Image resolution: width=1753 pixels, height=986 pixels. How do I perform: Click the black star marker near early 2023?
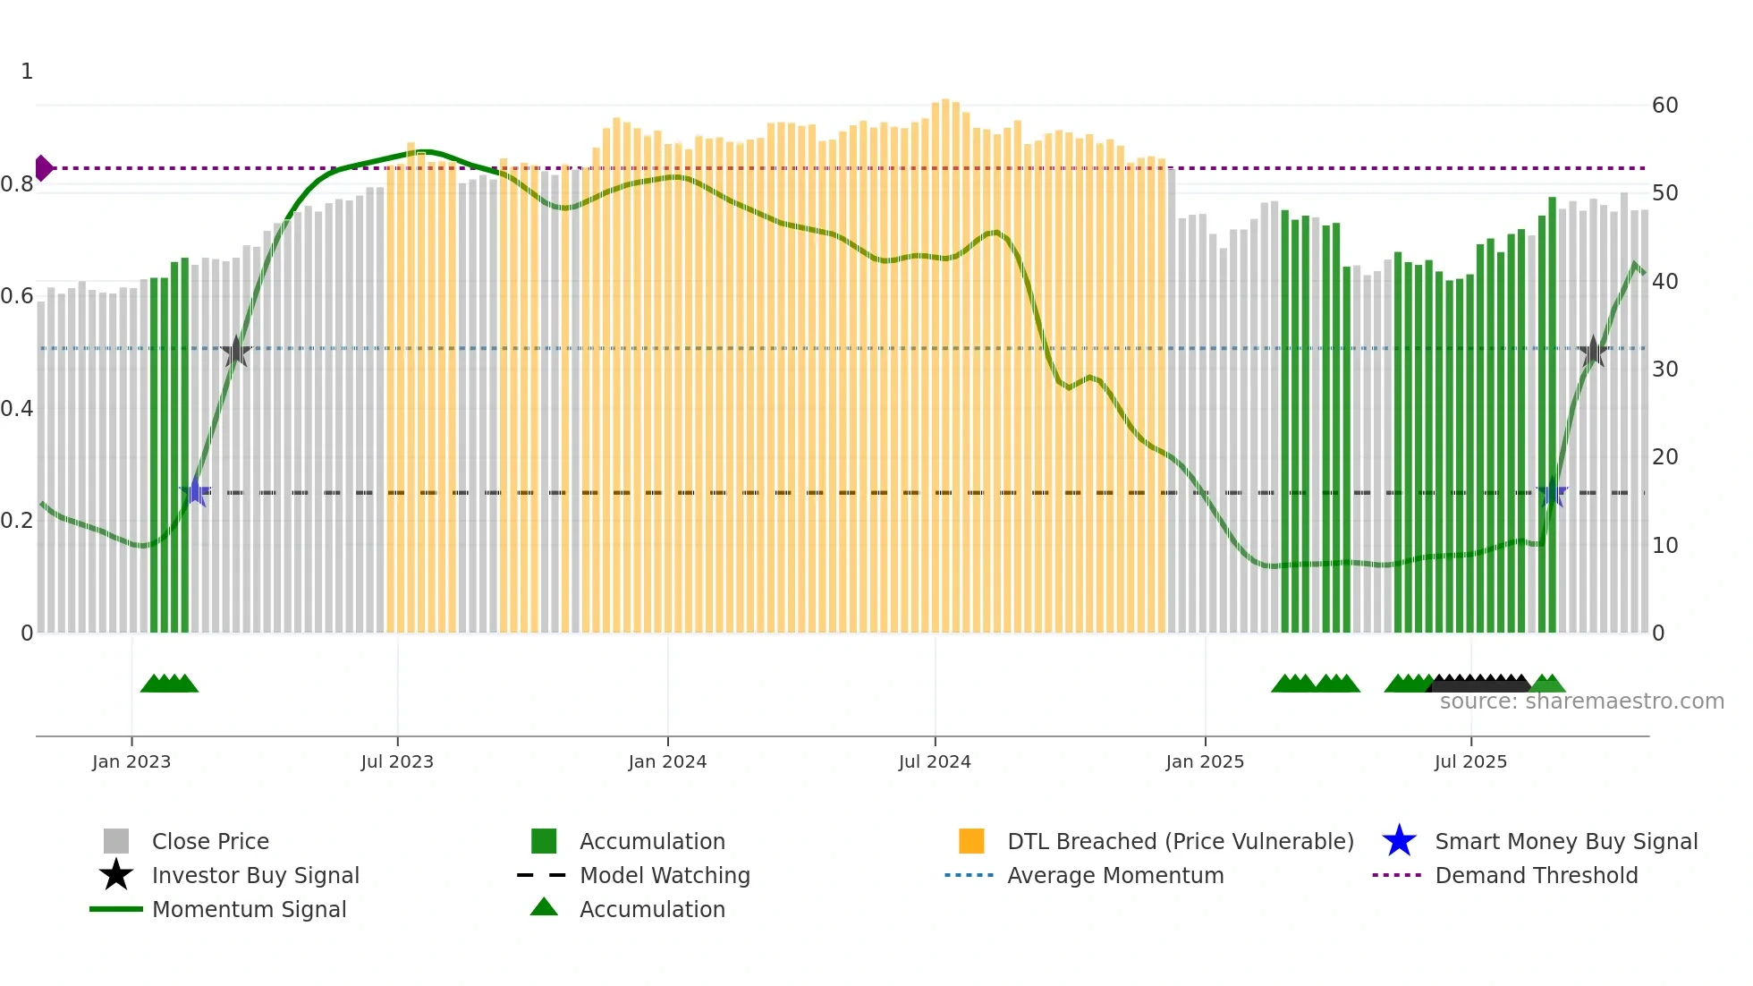235,352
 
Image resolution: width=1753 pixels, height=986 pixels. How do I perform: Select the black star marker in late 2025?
1593,352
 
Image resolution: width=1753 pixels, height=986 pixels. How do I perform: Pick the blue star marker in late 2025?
1554,493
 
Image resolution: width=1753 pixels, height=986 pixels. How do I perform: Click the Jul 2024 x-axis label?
935,762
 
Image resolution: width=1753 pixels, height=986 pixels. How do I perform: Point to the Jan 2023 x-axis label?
131,762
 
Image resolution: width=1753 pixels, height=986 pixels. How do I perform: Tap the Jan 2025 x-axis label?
1205,762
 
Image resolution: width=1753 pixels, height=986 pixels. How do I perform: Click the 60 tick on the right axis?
1664,106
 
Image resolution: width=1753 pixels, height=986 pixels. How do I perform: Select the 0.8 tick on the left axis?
17,184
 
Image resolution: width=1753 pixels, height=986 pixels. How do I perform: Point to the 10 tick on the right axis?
1664,545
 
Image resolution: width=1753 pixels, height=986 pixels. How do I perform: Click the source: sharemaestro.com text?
1581,701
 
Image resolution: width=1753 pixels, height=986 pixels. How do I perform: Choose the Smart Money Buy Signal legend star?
1399,841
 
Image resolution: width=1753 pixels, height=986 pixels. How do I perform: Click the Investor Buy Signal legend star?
116,875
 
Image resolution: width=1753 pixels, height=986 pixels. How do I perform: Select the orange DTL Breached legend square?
971,841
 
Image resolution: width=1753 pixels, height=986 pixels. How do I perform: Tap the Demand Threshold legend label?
1536,875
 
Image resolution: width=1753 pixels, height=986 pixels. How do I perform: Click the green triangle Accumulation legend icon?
544,908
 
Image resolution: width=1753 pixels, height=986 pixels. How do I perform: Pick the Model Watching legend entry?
664,875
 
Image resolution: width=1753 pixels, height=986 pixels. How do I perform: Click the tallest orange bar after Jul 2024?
945,358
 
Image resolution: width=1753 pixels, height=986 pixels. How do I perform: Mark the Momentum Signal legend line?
116,909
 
